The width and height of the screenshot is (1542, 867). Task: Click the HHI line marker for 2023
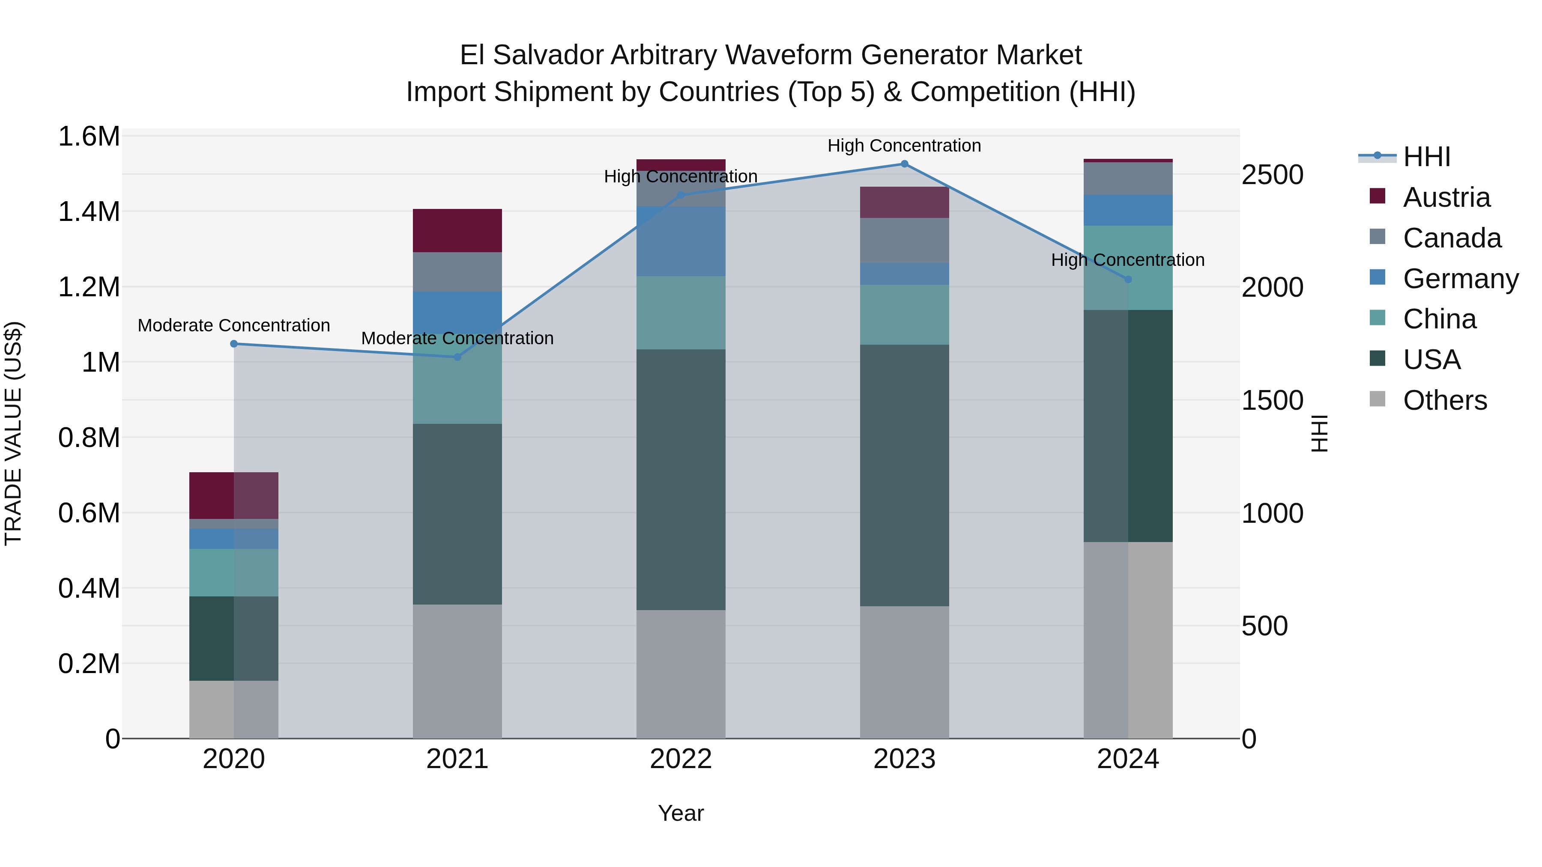(904, 164)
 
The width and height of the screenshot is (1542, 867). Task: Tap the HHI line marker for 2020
(234, 344)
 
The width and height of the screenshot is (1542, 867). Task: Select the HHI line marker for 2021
(457, 357)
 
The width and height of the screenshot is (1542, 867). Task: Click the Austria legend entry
(1446, 197)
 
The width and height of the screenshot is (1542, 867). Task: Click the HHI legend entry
(1426, 157)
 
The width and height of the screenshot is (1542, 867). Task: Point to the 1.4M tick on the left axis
(89, 212)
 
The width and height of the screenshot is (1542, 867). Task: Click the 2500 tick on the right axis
(1272, 175)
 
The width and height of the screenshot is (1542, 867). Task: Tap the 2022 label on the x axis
(681, 759)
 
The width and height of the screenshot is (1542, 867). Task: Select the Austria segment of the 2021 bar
(457, 230)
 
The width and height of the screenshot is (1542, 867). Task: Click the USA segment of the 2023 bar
(904, 475)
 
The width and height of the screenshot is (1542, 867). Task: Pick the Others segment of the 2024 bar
(1128, 640)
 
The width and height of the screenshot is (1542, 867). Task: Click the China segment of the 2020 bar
(234, 572)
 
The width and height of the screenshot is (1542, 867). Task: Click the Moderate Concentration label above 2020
(234, 325)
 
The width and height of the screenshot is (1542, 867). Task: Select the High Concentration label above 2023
(904, 146)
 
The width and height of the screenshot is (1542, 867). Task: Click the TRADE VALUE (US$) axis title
(13, 433)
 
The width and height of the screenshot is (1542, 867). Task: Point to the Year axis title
(681, 813)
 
